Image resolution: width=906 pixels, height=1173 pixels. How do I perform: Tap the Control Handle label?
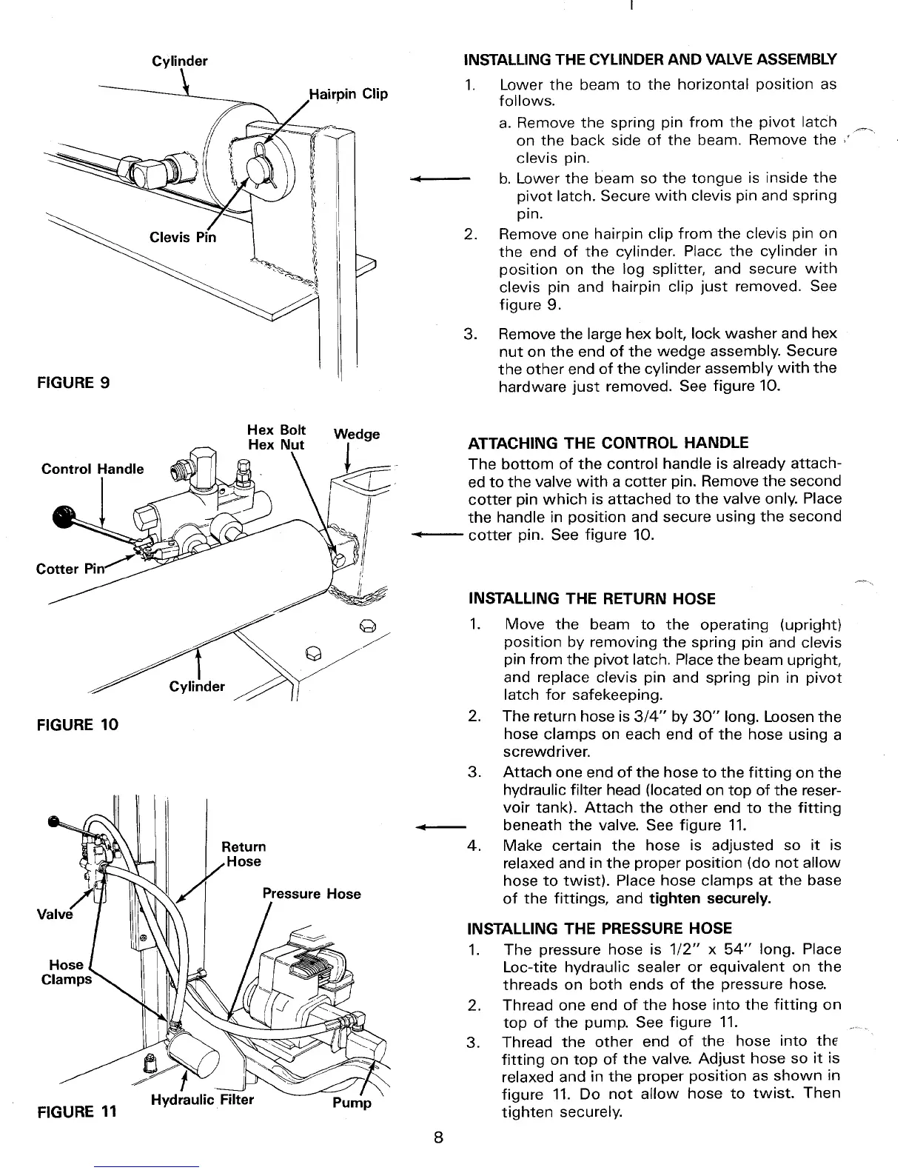93,469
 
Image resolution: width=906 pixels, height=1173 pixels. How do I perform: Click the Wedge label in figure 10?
357,434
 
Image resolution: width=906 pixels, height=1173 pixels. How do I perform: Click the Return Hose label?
244,854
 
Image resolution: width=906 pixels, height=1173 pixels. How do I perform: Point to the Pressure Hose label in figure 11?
312,893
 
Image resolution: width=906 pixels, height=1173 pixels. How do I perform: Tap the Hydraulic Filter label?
202,1100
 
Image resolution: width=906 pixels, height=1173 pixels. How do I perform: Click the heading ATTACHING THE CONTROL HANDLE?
608,443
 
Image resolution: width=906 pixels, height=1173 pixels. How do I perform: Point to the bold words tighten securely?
710,899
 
